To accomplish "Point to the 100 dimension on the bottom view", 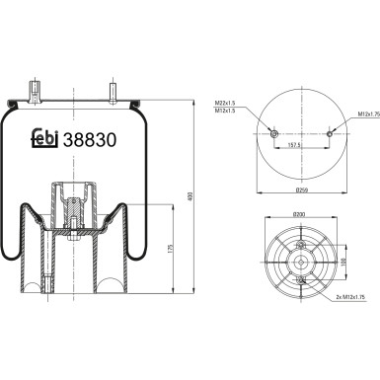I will [343, 263].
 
